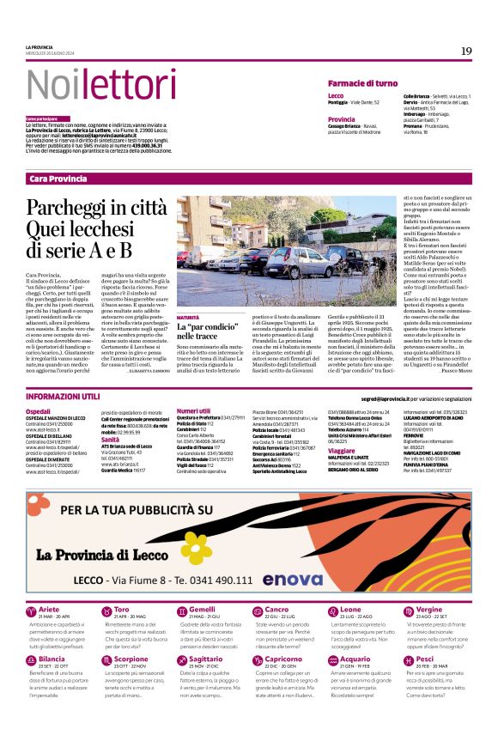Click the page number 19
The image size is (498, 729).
click(x=466, y=51)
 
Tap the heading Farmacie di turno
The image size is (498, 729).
click(x=362, y=82)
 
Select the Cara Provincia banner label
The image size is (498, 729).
click(x=58, y=179)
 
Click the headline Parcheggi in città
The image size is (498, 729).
click(x=84, y=208)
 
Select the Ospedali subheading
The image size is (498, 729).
click(x=39, y=412)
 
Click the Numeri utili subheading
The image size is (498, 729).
click(x=193, y=411)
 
